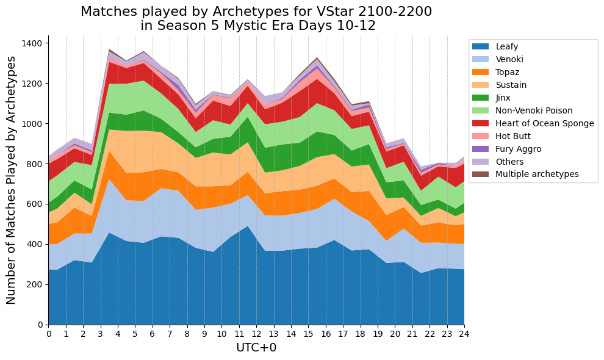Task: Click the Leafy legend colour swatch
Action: point(480,46)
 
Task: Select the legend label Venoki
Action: point(509,59)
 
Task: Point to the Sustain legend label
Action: point(511,85)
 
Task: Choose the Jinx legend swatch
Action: point(480,98)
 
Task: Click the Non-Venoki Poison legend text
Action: point(534,110)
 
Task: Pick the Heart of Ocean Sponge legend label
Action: point(545,123)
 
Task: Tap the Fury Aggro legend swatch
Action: point(480,149)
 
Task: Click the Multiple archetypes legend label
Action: point(537,175)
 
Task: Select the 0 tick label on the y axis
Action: point(40,325)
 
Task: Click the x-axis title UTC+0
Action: point(256,348)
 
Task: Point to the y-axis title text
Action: point(11,180)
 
